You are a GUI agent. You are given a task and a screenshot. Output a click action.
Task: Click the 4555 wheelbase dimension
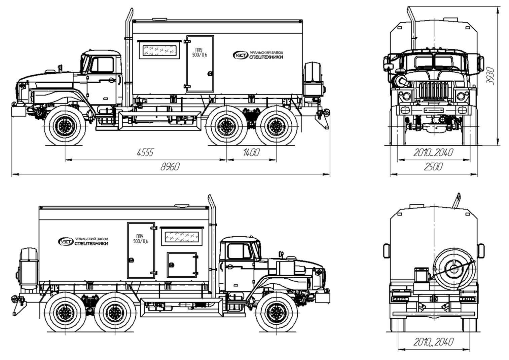(x=145, y=153)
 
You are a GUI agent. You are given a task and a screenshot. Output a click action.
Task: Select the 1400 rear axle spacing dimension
(x=251, y=153)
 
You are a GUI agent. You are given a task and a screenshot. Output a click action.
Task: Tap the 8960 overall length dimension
(x=170, y=167)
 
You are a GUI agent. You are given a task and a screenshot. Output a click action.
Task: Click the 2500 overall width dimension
(x=433, y=167)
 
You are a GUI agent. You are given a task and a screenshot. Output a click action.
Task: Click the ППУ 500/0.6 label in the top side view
(x=199, y=52)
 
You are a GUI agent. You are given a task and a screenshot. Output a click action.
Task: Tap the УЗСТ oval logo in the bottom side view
(x=66, y=242)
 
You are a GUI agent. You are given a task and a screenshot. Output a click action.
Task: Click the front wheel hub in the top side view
(x=65, y=126)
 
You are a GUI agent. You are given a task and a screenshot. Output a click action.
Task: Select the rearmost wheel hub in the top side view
(x=276, y=126)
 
